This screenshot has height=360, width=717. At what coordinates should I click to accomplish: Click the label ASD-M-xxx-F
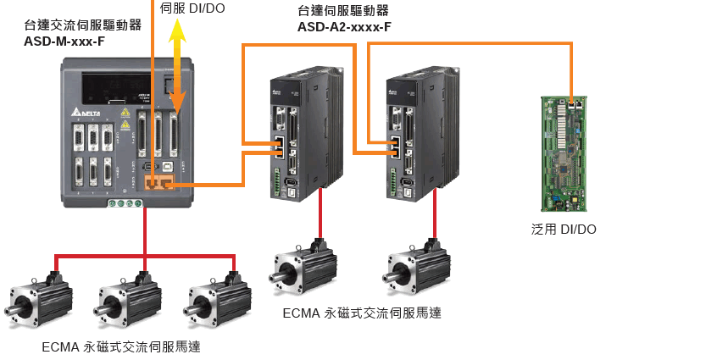[64, 40]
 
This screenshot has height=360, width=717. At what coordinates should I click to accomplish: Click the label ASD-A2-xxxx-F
[344, 26]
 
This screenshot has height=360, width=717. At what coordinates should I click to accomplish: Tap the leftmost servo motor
[39, 300]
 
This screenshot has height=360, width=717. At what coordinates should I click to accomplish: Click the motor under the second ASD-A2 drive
[419, 269]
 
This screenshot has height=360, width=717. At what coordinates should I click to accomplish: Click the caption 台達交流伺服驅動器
[83, 25]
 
